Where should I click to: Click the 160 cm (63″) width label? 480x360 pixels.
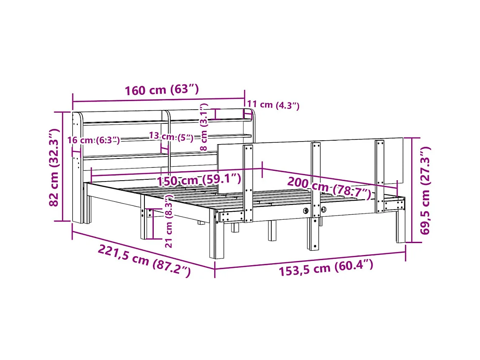pyautogui.click(x=162, y=90)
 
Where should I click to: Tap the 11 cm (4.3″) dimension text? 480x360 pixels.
pyautogui.click(x=273, y=105)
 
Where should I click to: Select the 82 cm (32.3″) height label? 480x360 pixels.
pyautogui.click(x=54, y=167)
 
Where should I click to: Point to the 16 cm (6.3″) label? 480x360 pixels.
pyautogui.click(x=94, y=140)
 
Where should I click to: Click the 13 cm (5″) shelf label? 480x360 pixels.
pyautogui.click(x=171, y=136)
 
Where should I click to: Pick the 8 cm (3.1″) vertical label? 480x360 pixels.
pyautogui.click(x=203, y=127)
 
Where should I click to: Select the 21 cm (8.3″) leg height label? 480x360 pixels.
pyautogui.click(x=169, y=221)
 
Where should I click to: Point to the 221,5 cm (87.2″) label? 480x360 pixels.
pyautogui.click(x=144, y=261)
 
